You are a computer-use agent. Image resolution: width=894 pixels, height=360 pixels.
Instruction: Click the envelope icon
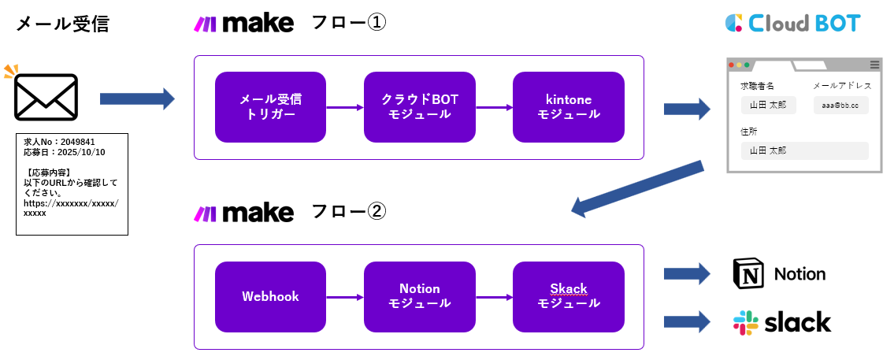46,98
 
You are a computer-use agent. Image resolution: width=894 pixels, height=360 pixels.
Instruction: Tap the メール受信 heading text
62,24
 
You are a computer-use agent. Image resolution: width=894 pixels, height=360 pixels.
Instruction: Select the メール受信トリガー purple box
270,107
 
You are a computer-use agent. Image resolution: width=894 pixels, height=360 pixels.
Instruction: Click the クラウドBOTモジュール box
419,107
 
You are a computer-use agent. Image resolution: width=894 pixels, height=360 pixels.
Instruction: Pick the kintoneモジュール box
568,107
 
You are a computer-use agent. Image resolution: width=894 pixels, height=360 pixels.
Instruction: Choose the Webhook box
270,297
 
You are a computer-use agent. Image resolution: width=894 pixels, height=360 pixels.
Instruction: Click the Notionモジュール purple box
419,297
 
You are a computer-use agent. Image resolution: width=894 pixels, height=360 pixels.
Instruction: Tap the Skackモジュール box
568,297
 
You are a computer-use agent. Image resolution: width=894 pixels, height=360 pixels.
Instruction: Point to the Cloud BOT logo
792,23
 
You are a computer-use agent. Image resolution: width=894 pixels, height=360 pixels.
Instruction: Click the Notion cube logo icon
747,274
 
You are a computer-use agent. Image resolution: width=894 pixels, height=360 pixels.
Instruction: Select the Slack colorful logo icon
746,322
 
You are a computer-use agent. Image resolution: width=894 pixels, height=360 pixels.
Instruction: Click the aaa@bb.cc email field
840,106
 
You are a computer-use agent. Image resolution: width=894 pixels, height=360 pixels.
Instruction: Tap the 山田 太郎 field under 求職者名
768,106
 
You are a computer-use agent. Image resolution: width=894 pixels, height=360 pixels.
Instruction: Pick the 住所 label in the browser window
748,131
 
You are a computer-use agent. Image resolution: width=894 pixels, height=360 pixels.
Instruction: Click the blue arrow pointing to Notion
687,274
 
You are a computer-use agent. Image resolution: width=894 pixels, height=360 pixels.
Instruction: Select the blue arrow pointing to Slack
687,322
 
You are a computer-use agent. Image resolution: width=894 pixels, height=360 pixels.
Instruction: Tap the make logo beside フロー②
243,213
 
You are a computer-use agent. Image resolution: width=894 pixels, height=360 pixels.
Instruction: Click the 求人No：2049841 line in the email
59,142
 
